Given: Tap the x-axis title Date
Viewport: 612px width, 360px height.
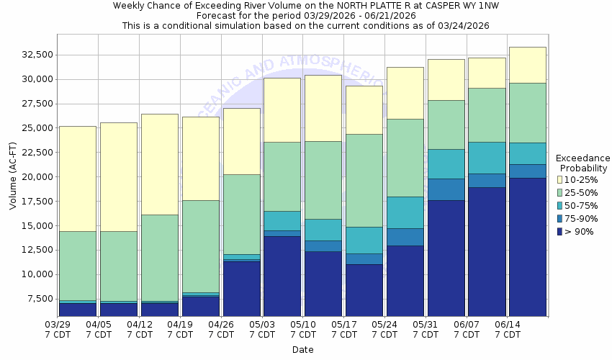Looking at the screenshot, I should coord(302,350).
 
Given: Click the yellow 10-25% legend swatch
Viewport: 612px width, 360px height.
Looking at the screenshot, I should coord(559,180).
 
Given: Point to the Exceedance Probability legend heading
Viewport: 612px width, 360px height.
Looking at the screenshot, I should coord(583,163).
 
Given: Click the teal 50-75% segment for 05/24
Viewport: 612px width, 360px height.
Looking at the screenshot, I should coord(405,212).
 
